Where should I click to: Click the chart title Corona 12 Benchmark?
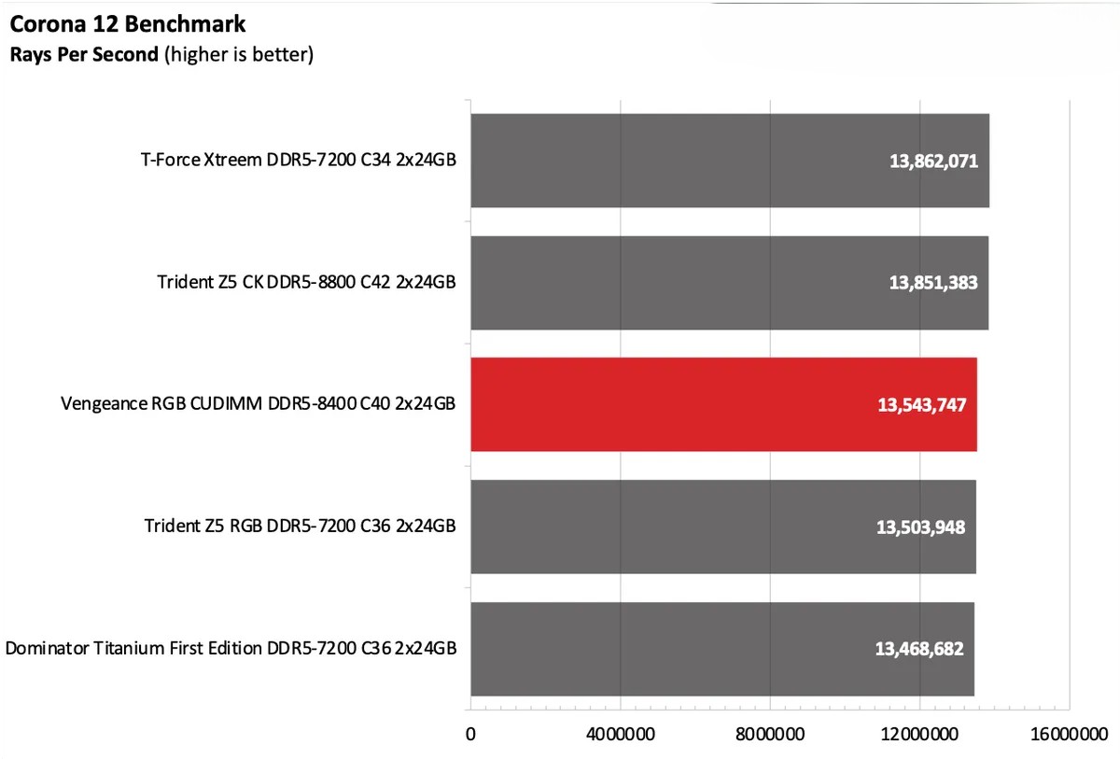[x=128, y=22]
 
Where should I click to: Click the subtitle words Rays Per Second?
[x=84, y=55]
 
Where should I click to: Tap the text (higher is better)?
[x=238, y=55]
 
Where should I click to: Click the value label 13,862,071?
[x=933, y=162]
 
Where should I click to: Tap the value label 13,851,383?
[x=933, y=283]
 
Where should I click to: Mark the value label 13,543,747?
[x=921, y=405]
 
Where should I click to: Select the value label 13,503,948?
[x=920, y=527]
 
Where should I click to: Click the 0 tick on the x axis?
[x=471, y=734]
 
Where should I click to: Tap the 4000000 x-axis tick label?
[x=621, y=734]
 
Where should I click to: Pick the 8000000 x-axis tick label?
[x=770, y=734]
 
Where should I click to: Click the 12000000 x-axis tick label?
[x=919, y=734]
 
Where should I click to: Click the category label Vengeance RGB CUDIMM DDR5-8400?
[x=259, y=404]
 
